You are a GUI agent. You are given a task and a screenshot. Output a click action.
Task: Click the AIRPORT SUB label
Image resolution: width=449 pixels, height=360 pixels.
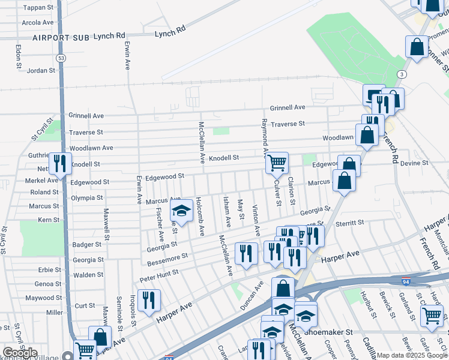click(x=61, y=37)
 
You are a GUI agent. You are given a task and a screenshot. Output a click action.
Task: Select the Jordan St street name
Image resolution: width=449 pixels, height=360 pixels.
click(x=41, y=70)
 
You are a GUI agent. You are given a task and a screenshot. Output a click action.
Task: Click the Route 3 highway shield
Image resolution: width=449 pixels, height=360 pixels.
click(x=400, y=74)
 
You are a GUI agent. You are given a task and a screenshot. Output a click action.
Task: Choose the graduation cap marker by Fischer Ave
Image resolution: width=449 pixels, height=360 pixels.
click(x=181, y=210)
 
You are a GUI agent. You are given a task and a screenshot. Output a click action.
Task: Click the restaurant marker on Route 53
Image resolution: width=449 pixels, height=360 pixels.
click(x=60, y=163)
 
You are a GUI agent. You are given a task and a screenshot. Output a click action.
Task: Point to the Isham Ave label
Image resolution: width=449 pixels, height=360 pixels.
click(x=227, y=212)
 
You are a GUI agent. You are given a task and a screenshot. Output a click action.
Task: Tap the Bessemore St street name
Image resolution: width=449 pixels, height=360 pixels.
click(x=167, y=258)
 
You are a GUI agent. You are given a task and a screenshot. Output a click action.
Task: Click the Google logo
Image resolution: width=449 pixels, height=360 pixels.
click(x=20, y=353)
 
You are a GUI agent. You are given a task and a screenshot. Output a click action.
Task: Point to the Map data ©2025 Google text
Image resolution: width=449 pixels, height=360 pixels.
click(x=411, y=355)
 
